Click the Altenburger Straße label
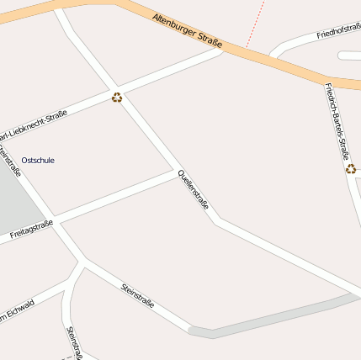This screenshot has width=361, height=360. [x=193, y=32]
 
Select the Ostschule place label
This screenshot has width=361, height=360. [x=38, y=160]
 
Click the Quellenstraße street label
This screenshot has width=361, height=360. [x=193, y=189]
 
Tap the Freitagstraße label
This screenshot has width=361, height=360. [x=31, y=229]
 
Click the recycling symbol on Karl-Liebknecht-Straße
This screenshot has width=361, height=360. [x=117, y=97]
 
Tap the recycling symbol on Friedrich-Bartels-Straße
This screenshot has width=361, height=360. [x=351, y=168]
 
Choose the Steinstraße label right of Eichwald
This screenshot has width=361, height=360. [x=138, y=295]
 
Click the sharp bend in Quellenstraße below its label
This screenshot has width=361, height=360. [x=217, y=221]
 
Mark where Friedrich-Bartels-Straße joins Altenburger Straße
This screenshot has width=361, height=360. [x=324, y=81]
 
